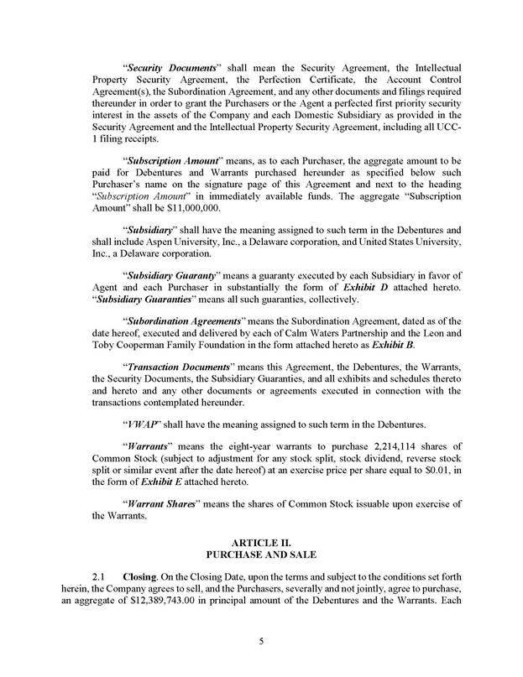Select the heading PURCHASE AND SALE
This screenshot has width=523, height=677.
coord(261,555)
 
